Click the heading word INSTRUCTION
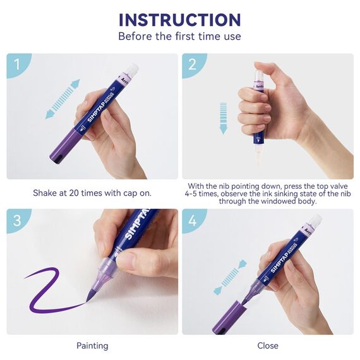(180, 20)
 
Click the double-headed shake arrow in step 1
(63, 99)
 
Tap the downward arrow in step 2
(223, 118)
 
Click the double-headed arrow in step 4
(230, 277)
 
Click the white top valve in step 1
(132, 68)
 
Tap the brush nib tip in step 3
(88, 299)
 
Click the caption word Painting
(92, 345)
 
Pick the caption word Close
(268, 345)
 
